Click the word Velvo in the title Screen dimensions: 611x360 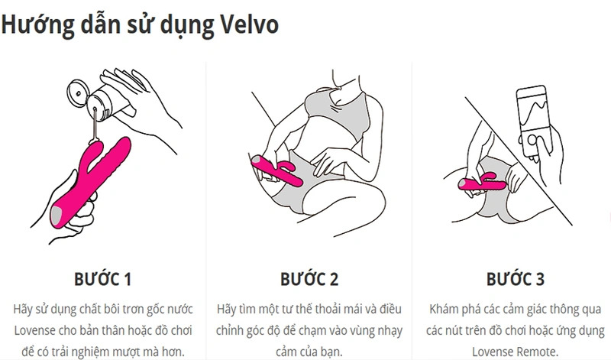tap(250, 24)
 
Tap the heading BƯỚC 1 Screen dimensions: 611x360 tap(102, 279)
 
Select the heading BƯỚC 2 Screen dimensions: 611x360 tap(309, 279)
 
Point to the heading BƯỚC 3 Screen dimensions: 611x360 tap(515, 279)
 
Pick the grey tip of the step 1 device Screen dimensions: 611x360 tap(56, 215)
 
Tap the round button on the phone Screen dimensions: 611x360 tap(532, 140)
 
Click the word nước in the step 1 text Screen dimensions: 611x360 tap(180, 309)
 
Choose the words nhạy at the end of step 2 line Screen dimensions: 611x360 tap(390, 331)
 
